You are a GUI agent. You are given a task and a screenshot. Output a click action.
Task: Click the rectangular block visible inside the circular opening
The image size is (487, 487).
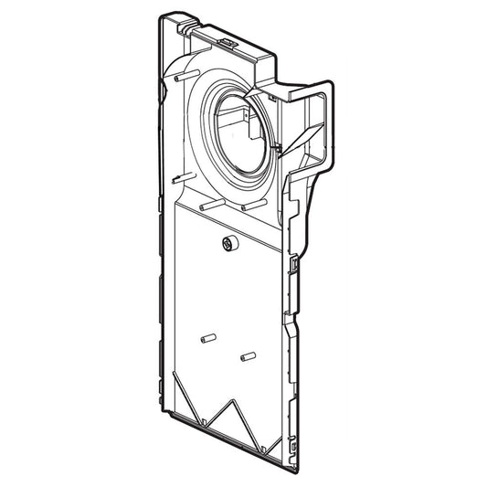click(x=236, y=117)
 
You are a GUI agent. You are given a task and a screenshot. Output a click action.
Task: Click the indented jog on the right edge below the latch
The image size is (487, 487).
click(x=293, y=320)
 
